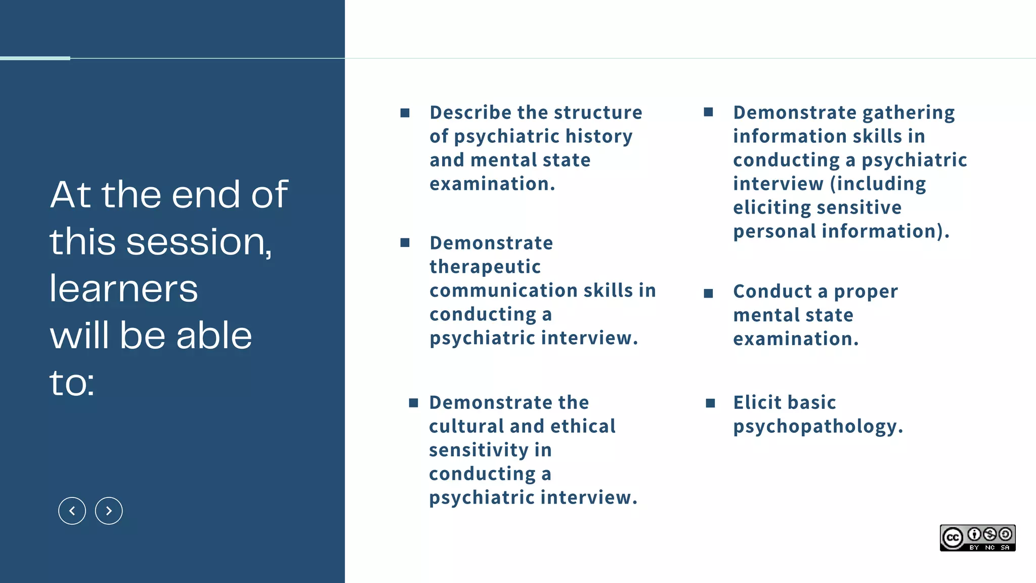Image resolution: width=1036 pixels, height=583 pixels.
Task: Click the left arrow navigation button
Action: coord(72,511)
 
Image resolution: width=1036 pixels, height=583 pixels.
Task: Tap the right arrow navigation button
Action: coord(109,511)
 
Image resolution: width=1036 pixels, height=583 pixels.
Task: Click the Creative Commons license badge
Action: coord(977,538)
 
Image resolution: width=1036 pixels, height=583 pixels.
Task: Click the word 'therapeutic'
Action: coord(485,267)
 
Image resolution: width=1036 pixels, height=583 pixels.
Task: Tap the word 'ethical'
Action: coord(583,426)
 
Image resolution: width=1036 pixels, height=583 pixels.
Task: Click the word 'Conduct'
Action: coord(772,291)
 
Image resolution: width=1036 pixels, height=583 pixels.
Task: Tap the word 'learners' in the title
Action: coord(123,288)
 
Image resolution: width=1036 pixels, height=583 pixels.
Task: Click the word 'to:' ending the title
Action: coord(72,383)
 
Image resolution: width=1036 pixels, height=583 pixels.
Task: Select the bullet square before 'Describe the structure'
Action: coord(405,113)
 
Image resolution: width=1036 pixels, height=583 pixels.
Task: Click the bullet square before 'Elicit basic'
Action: coord(710,403)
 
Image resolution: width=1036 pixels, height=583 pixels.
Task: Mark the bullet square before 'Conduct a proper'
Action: coord(708,294)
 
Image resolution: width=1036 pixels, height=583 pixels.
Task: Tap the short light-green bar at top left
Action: coord(35,58)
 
